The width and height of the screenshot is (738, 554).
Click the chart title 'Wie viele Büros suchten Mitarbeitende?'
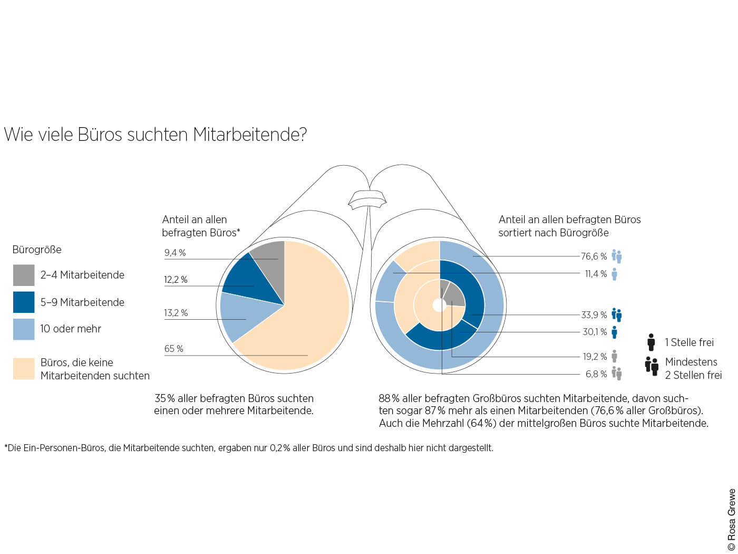(155, 135)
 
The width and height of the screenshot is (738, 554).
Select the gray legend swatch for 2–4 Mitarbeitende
(24, 275)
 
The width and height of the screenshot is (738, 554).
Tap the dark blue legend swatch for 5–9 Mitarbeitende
(24, 302)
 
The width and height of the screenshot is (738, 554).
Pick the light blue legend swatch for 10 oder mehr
(24, 329)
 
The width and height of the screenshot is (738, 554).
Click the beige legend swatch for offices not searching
(24, 369)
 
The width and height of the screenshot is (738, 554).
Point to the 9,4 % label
(175, 253)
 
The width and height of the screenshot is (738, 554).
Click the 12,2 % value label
(176, 280)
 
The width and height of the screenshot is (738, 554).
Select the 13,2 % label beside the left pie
(176, 313)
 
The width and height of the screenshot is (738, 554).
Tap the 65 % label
(173, 349)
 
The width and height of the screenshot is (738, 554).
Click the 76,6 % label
(594, 256)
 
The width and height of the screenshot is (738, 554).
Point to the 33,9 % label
(594, 315)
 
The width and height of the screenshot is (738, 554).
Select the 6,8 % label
(596, 374)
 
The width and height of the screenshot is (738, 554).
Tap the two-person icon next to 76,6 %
(617, 256)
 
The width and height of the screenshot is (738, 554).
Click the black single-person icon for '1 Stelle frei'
(651, 342)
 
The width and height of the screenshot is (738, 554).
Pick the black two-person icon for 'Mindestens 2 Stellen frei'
(652, 366)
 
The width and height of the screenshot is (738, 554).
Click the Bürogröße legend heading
(37, 250)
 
